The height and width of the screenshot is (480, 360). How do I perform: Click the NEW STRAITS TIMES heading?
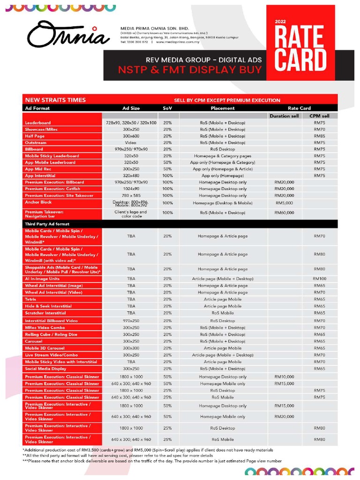pos(55,100)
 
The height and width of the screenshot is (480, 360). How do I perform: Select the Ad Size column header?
pos(131,108)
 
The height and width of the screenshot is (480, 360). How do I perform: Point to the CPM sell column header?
pos(319,116)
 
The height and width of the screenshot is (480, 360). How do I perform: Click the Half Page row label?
pos(36,136)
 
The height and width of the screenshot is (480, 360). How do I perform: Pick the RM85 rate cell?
pos(319,136)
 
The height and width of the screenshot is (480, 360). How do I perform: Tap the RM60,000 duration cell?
pos(285,212)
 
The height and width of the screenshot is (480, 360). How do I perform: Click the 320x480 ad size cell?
pos(131,175)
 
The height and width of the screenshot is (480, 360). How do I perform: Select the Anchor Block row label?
pos(38,202)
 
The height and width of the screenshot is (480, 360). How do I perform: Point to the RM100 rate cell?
pos(319,278)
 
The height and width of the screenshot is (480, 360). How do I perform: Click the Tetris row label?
pos(31,299)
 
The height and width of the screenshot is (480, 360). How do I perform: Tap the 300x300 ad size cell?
pos(131,348)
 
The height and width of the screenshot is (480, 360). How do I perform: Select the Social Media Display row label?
pos(45,369)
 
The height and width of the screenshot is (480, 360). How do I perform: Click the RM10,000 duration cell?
pos(285,376)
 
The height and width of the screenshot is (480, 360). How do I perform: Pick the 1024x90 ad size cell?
pos(131,189)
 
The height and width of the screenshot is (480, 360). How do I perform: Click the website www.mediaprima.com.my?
pos(178,42)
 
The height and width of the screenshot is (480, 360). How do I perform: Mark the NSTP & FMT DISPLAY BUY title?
pos(190,71)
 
